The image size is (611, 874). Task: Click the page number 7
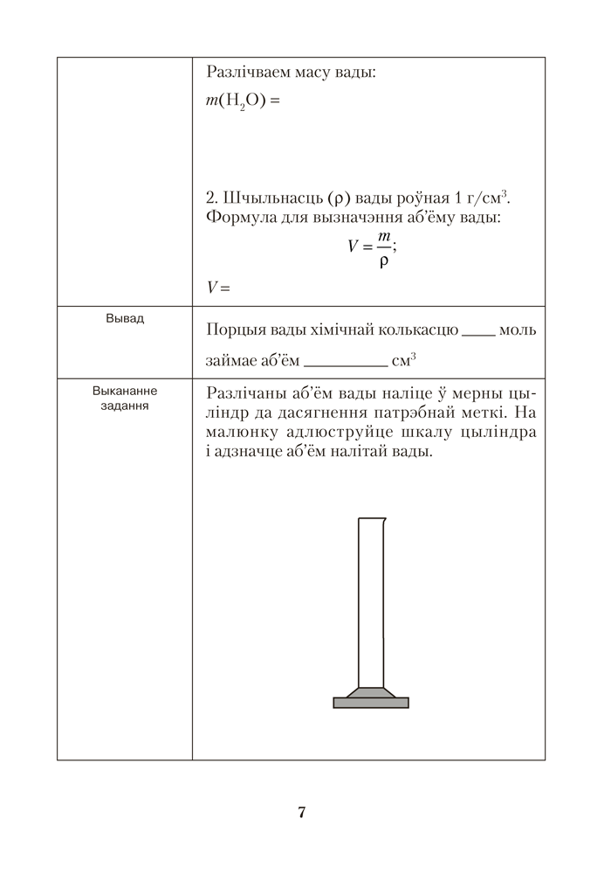[x=301, y=813]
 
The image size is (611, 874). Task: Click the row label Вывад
[x=125, y=318]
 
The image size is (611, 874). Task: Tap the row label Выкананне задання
[x=125, y=399]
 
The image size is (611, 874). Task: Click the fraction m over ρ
[x=383, y=248]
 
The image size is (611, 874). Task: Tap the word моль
[x=518, y=330]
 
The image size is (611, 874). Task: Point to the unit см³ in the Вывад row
[x=405, y=358]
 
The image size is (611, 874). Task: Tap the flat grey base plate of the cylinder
[x=371, y=702]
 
